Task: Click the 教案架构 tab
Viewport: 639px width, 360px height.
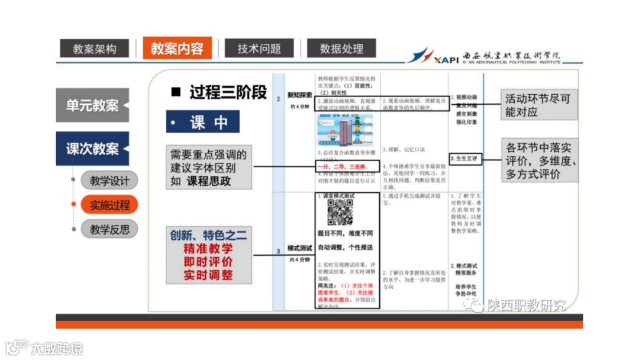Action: (95, 49)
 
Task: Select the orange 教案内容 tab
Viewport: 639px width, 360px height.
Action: (177, 48)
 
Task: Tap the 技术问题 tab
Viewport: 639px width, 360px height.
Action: (259, 49)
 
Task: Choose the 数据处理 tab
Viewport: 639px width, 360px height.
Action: (341, 49)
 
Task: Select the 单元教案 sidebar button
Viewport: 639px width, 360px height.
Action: (92, 105)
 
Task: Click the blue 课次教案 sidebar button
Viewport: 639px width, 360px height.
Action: (92, 149)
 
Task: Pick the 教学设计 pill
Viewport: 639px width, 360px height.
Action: (109, 180)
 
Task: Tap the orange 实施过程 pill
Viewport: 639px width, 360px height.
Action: (109, 205)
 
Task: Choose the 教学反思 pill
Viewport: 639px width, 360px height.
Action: (109, 229)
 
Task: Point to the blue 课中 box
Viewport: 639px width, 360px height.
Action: (203, 122)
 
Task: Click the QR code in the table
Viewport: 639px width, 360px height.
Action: (340, 212)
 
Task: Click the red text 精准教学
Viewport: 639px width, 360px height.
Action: (208, 249)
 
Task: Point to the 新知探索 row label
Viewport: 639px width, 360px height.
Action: (299, 95)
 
